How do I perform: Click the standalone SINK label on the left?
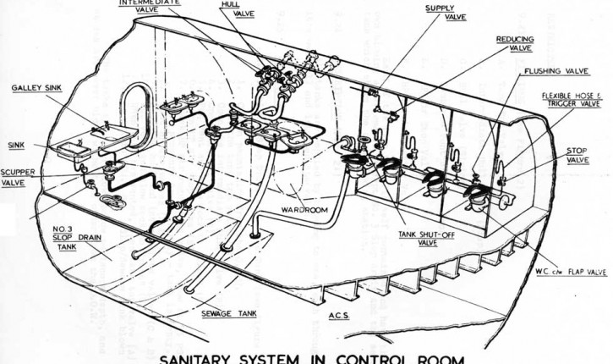pos(18,145)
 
